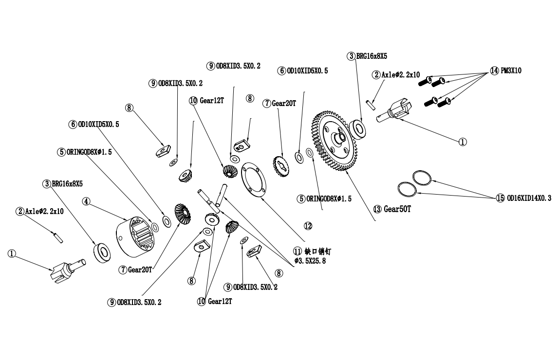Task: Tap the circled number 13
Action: click(377, 209)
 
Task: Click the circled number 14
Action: click(494, 70)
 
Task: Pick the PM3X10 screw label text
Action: click(511, 70)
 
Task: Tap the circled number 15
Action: click(501, 198)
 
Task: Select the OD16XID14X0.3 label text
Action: click(529, 198)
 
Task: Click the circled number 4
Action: click(86, 201)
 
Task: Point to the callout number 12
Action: click(308, 226)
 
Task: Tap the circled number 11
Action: click(297, 252)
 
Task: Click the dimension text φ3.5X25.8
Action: click(310, 262)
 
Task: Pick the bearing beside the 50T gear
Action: click(359, 129)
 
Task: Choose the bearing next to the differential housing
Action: click(102, 252)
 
